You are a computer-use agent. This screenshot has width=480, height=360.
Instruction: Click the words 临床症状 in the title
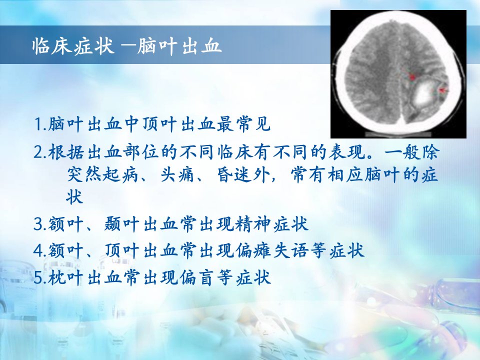pyautogui.click(x=73, y=46)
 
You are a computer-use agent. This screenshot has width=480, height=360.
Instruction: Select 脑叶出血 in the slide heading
pyautogui.click(x=179, y=46)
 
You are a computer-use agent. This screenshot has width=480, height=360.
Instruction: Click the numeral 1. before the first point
pyautogui.click(x=40, y=124)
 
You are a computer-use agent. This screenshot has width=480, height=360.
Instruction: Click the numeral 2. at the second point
pyautogui.click(x=40, y=152)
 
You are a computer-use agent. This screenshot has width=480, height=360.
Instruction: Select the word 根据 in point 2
pyautogui.click(x=66, y=152)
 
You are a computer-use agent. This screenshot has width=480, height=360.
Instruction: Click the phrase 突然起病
pyautogui.click(x=103, y=175)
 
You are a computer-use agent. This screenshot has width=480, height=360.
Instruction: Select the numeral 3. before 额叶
pyautogui.click(x=40, y=224)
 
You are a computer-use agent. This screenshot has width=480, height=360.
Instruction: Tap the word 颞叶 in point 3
pyautogui.click(x=122, y=224)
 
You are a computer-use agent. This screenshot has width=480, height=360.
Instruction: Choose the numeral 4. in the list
pyautogui.click(x=40, y=251)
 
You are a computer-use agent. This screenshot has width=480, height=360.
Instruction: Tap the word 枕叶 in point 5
pyautogui.click(x=66, y=278)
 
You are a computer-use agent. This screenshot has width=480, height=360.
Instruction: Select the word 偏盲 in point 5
pyautogui.click(x=197, y=278)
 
